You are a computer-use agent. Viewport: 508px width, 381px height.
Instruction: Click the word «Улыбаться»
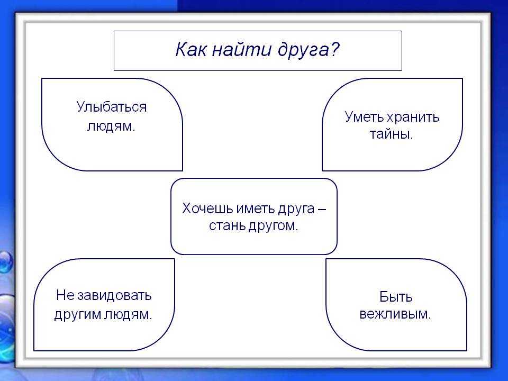pyautogui.click(x=112, y=107)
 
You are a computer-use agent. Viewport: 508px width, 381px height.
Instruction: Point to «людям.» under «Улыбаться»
pyautogui.click(x=111, y=126)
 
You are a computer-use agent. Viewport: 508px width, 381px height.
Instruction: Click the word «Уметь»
pyautogui.click(x=364, y=117)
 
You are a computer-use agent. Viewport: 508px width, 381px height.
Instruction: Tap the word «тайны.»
pyautogui.click(x=392, y=134)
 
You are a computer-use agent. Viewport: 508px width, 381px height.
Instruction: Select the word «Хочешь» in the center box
pyautogui.click(x=207, y=208)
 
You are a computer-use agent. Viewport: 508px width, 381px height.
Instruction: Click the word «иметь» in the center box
pyautogui.click(x=255, y=208)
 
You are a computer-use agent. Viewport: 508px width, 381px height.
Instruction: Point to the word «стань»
pyautogui.click(x=227, y=226)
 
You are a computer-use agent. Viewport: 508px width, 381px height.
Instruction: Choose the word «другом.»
pyautogui.click(x=273, y=226)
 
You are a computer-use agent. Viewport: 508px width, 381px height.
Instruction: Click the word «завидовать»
pyautogui.click(x=115, y=296)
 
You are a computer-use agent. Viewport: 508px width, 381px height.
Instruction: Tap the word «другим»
pyautogui.click(x=77, y=315)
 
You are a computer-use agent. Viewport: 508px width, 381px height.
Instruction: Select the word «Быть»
pyautogui.click(x=396, y=297)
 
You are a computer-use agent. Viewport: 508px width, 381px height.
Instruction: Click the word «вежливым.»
pyautogui.click(x=395, y=314)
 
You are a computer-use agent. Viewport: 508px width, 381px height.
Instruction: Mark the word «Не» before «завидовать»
pyautogui.click(x=65, y=296)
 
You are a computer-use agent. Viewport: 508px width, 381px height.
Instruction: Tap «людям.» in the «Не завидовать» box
pyautogui.click(x=128, y=315)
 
